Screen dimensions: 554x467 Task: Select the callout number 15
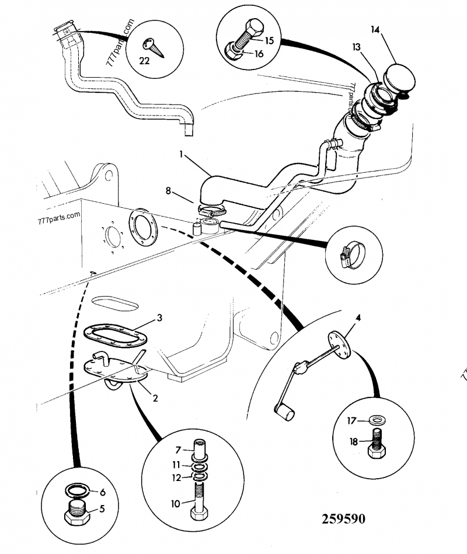[x=269, y=40]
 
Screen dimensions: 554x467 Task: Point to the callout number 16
[x=259, y=54]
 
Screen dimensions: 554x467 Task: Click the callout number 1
[x=183, y=156]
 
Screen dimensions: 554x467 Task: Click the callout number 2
[x=156, y=399]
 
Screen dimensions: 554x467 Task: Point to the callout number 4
[x=358, y=318]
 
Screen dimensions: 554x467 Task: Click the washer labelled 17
[x=377, y=419]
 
